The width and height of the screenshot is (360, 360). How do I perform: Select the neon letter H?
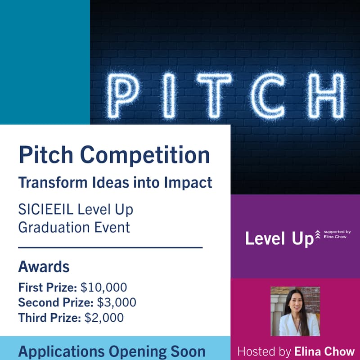click(x=326, y=95)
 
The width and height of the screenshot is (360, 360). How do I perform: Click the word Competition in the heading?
click(x=144, y=155)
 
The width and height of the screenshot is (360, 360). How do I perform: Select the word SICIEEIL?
click(x=46, y=209)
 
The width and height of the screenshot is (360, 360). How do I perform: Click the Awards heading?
click(x=44, y=266)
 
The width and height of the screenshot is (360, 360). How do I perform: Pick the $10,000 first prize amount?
click(x=103, y=287)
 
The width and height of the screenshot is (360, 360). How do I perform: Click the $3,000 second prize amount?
click(x=117, y=302)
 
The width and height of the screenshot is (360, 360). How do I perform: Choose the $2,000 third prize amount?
click(x=104, y=318)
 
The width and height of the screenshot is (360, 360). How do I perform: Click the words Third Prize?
click(x=49, y=318)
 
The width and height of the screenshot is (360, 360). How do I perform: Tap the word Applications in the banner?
click(x=61, y=352)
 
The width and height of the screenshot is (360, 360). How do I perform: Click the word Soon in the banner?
click(x=188, y=351)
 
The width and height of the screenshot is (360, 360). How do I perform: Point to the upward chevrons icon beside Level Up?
click(x=318, y=234)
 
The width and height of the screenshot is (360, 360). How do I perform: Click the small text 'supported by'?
click(x=337, y=232)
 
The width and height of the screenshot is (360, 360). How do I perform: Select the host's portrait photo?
click(x=295, y=311)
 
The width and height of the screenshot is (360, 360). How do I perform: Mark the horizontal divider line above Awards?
click(x=110, y=247)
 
